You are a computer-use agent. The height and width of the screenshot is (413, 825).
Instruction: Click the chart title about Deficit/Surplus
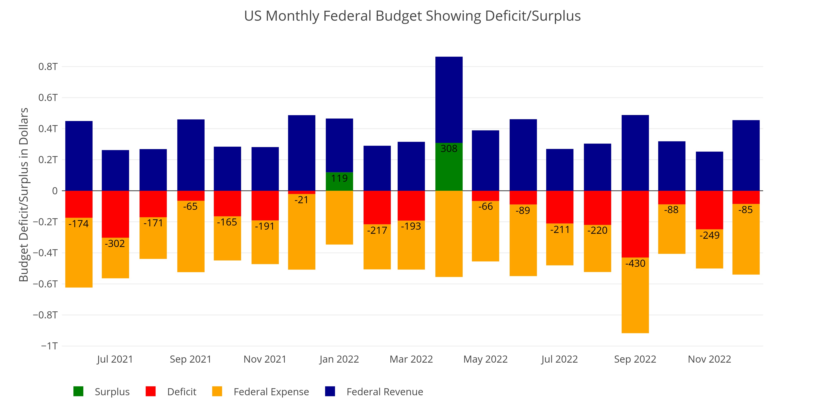412,16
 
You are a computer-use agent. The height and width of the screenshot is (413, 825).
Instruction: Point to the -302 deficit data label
115,244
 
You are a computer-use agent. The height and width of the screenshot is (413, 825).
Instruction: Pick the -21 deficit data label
301,200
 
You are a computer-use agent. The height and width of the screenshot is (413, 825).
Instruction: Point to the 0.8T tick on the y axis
48,67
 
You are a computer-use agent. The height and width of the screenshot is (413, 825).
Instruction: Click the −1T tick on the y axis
49,346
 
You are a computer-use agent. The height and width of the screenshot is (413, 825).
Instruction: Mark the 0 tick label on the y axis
55,191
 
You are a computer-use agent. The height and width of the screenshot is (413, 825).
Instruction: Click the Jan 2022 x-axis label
339,360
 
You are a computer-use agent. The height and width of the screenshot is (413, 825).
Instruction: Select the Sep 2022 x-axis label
635,360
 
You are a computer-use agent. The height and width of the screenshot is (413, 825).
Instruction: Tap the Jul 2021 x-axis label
115,360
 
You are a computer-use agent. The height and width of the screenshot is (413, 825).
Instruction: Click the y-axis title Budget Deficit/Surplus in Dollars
24,195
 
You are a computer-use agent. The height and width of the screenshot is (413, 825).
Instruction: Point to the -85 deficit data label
746,210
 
